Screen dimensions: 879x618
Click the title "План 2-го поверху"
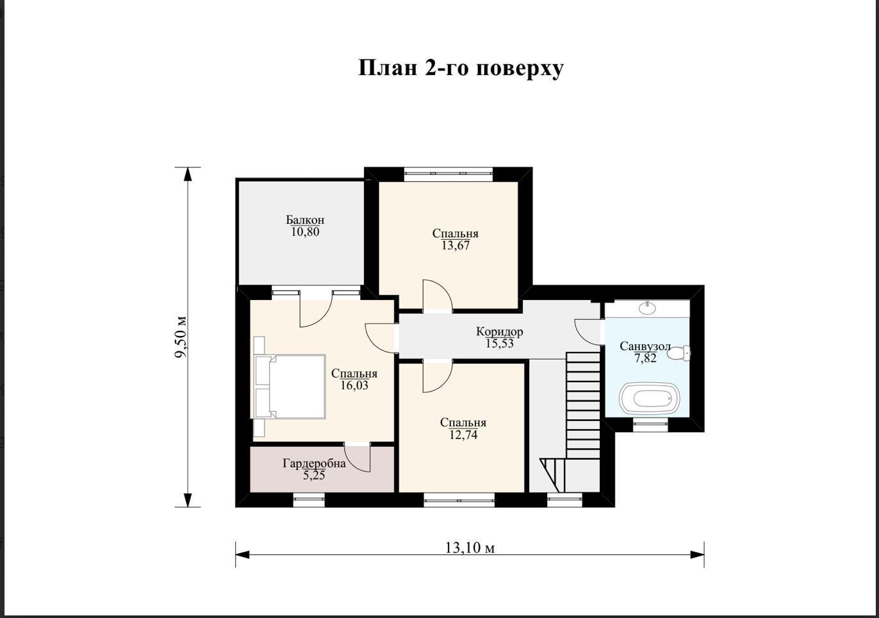461,69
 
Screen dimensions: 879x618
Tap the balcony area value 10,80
305,232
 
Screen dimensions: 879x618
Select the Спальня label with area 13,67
455,233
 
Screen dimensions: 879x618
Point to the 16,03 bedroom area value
354,385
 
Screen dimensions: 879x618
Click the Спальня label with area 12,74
463,422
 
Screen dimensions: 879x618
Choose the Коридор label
500,332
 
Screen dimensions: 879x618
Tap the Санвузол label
645,346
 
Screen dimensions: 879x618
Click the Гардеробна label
314,464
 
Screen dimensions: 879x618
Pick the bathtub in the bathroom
649,398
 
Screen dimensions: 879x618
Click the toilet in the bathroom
679,353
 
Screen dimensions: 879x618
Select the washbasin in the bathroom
647,308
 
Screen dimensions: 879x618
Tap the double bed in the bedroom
290,387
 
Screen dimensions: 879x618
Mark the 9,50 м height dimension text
181,337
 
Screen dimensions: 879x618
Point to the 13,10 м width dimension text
470,547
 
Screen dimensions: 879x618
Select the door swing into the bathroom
587,333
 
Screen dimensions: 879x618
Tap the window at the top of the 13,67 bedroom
448,174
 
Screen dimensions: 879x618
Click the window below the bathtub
651,425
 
